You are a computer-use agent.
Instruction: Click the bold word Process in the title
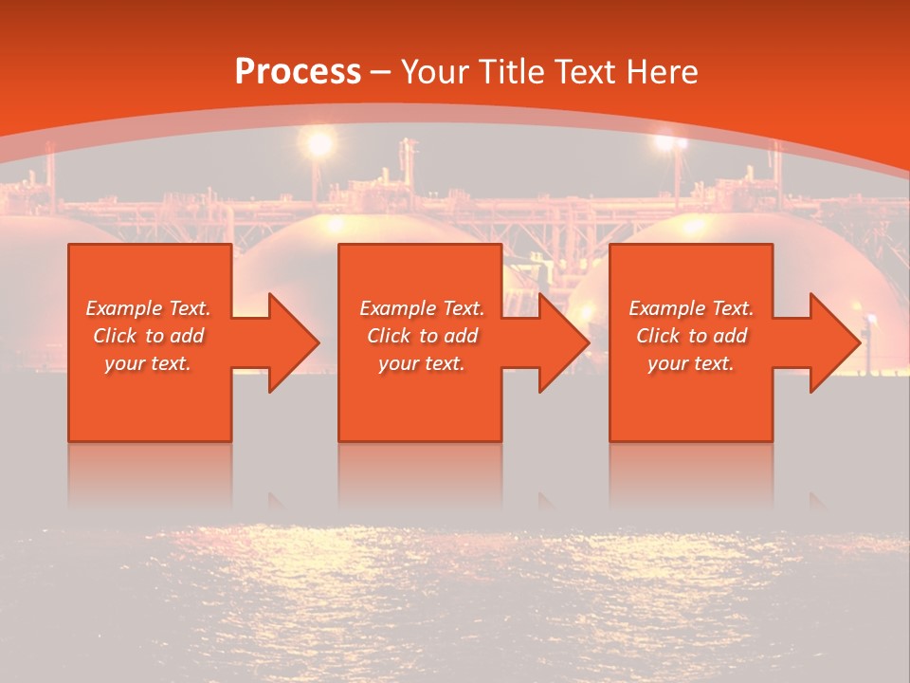(x=298, y=72)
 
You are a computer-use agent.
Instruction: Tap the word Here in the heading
(x=660, y=72)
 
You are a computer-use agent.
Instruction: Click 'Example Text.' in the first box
(x=148, y=308)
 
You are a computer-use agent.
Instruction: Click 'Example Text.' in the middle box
(x=422, y=308)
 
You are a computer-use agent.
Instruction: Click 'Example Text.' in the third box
(x=691, y=308)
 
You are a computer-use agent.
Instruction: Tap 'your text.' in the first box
(x=148, y=363)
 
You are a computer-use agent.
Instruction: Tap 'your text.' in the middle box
(x=422, y=363)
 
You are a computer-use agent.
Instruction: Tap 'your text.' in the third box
(x=691, y=363)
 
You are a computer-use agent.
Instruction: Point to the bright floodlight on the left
(x=319, y=143)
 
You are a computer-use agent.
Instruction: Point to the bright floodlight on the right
(x=671, y=143)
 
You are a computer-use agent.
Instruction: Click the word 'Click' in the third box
(x=659, y=336)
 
